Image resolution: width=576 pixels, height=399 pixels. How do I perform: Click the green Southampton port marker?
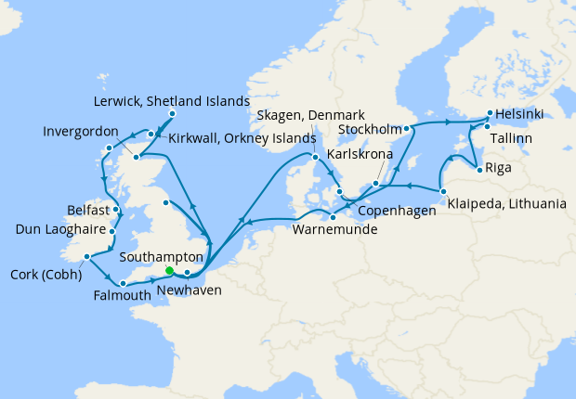[169, 270]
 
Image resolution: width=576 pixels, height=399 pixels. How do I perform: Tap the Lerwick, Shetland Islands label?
[172, 100]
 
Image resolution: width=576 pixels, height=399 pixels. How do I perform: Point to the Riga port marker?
[478, 169]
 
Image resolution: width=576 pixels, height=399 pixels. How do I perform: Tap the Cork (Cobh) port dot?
[85, 257]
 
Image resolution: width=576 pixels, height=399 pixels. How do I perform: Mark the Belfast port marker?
[115, 210]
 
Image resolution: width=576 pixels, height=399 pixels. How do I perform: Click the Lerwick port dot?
[172, 114]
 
